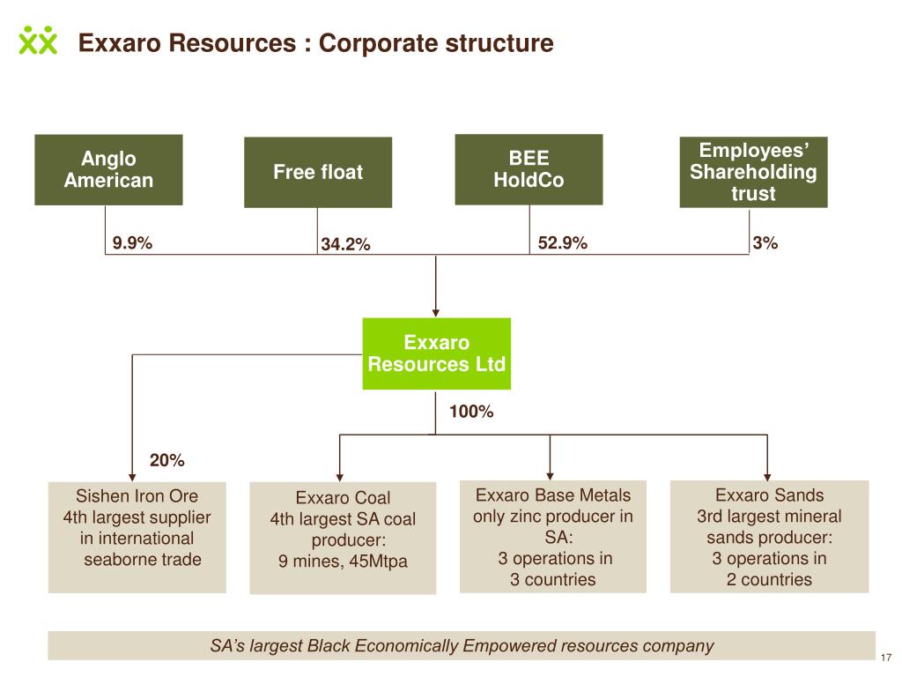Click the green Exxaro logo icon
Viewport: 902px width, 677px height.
(x=38, y=41)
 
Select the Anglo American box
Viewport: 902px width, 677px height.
(x=108, y=170)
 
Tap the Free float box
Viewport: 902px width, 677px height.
(x=318, y=172)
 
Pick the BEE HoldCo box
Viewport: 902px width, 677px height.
(x=529, y=169)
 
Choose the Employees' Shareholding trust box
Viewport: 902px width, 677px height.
(x=754, y=172)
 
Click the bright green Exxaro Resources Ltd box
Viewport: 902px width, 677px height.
(x=437, y=353)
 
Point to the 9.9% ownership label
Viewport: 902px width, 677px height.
(x=132, y=242)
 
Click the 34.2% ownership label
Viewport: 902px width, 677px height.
(x=345, y=244)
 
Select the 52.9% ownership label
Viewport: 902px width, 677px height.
(x=563, y=242)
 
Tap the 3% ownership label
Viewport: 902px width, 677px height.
(x=765, y=242)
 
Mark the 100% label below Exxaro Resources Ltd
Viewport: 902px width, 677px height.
(x=471, y=411)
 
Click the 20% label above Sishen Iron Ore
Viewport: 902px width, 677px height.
(x=166, y=460)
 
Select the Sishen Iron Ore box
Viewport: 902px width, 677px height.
(x=137, y=538)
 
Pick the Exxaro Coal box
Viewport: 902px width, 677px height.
(x=343, y=539)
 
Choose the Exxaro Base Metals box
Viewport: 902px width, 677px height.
(x=553, y=537)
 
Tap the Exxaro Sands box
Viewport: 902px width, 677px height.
(x=769, y=537)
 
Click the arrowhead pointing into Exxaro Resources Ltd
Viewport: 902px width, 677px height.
(x=435, y=313)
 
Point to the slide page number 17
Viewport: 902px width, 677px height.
(x=886, y=658)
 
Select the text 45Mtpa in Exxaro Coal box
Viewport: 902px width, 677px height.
(x=378, y=561)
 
